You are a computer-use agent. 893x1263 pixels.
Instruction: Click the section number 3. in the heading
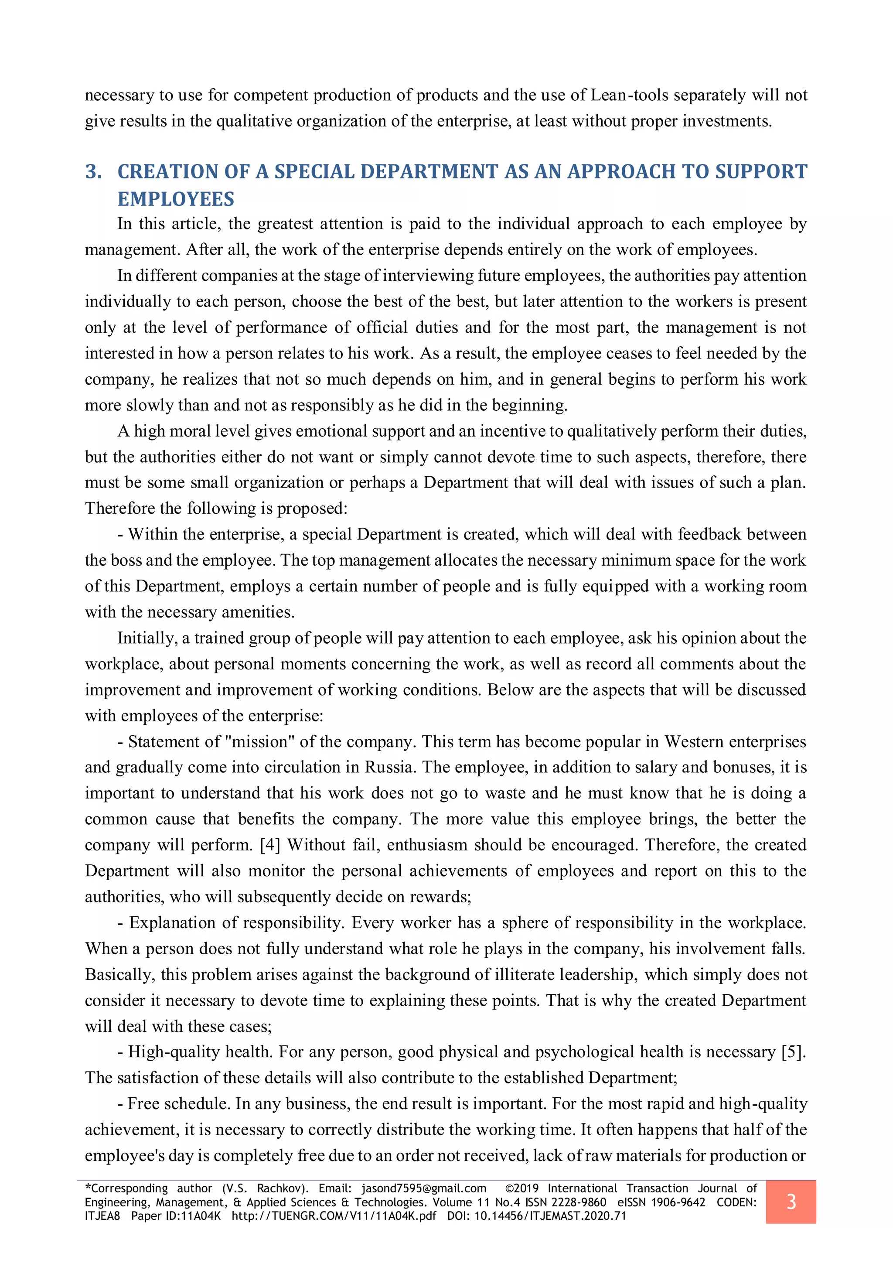pyautogui.click(x=93, y=172)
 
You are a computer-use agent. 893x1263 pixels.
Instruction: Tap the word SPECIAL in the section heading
pyautogui.click(x=314, y=172)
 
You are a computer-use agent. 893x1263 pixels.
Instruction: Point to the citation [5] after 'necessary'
pyautogui.click(x=794, y=1052)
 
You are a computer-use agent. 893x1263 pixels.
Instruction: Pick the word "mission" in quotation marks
pyautogui.click(x=257, y=741)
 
